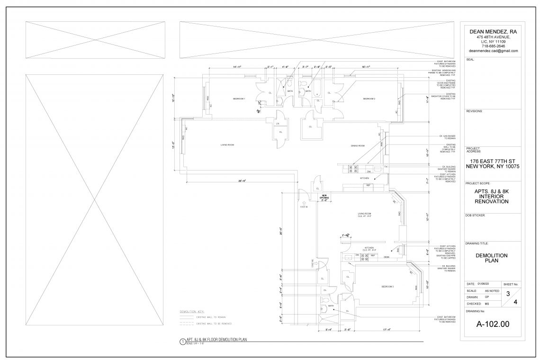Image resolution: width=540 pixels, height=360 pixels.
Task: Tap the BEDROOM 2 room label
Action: [369, 99]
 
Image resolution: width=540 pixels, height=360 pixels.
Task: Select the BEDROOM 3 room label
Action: [388, 287]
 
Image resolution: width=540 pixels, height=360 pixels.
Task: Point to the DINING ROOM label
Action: [358, 146]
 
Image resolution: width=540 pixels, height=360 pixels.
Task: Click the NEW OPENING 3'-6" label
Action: [324, 198]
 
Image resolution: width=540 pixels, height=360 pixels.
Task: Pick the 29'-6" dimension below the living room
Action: [243, 180]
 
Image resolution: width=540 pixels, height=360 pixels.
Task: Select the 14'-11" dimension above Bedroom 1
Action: [237, 67]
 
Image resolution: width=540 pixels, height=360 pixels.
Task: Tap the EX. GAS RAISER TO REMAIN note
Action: [448, 137]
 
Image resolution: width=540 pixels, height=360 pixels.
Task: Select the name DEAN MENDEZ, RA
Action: [493, 31]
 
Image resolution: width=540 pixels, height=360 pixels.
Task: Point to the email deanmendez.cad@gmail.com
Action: [493, 51]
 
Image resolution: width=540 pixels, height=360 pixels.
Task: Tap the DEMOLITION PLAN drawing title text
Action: [492, 258]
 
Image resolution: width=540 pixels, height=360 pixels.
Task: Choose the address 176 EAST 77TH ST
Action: [493, 161]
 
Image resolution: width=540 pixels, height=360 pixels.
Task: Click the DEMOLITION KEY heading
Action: [191, 312]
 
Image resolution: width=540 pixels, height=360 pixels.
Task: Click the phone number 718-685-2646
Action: [493, 46]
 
